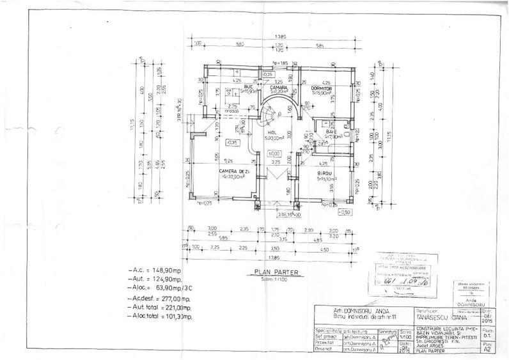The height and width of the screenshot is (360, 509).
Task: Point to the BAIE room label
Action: [332, 131]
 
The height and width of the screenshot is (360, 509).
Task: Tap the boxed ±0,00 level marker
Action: [274, 153]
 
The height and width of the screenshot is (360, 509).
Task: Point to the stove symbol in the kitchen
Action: [222, 93]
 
